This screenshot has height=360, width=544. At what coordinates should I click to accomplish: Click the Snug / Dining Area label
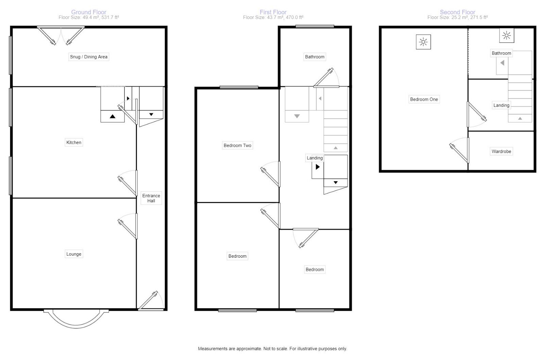click(x=88, y=57)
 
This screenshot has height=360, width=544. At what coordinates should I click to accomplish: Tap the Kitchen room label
click(x=74, y=142)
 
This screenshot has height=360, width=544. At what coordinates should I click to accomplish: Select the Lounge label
click(x=74, y=254)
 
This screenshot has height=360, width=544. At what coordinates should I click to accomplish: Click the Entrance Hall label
click(x=151, y=198)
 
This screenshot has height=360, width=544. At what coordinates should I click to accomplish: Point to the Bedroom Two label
click(x=237, y=145)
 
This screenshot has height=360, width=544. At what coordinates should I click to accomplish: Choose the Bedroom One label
click(x=424, y=99)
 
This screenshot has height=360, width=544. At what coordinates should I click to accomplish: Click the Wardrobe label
click(x=501, y=151)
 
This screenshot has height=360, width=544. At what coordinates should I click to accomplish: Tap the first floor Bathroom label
click(x=314, y=57)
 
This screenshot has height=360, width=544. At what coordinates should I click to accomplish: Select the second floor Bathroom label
click(x=501, y=53)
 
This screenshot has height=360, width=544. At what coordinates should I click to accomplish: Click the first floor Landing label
click(x=314, y=158)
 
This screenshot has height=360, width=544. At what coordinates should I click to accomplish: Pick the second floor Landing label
click(x=501, y=105)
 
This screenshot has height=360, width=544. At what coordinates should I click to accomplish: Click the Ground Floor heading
click(x=89, y=12)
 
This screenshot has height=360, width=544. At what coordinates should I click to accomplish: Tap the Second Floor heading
click(x=457, y=12)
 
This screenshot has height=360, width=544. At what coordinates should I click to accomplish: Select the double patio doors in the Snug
click(x=61, y=35)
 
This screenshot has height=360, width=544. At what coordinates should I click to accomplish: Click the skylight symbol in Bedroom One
click(x=423, y=42)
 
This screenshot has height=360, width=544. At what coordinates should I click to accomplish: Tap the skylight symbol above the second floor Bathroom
click(x=506, y=35)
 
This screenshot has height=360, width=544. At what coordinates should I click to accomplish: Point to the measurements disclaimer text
click(x=272, y=348)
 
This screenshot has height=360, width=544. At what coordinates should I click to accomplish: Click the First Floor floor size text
click(x=273, y=17)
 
